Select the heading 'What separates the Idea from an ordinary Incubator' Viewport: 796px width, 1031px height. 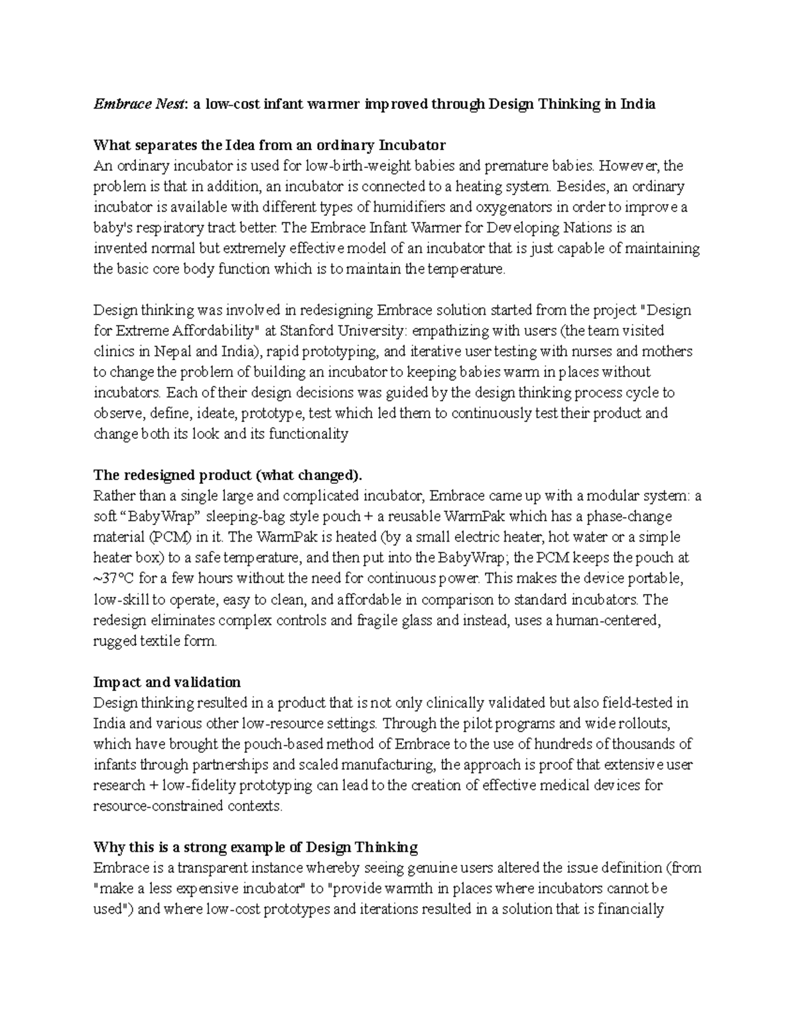[x=269, y=145]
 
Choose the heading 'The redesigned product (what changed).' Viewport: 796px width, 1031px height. [x=228, y=475]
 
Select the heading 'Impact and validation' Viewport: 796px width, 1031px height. [x=167, y=682]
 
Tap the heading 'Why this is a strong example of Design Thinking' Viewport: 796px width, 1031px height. [x=255, y=847]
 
